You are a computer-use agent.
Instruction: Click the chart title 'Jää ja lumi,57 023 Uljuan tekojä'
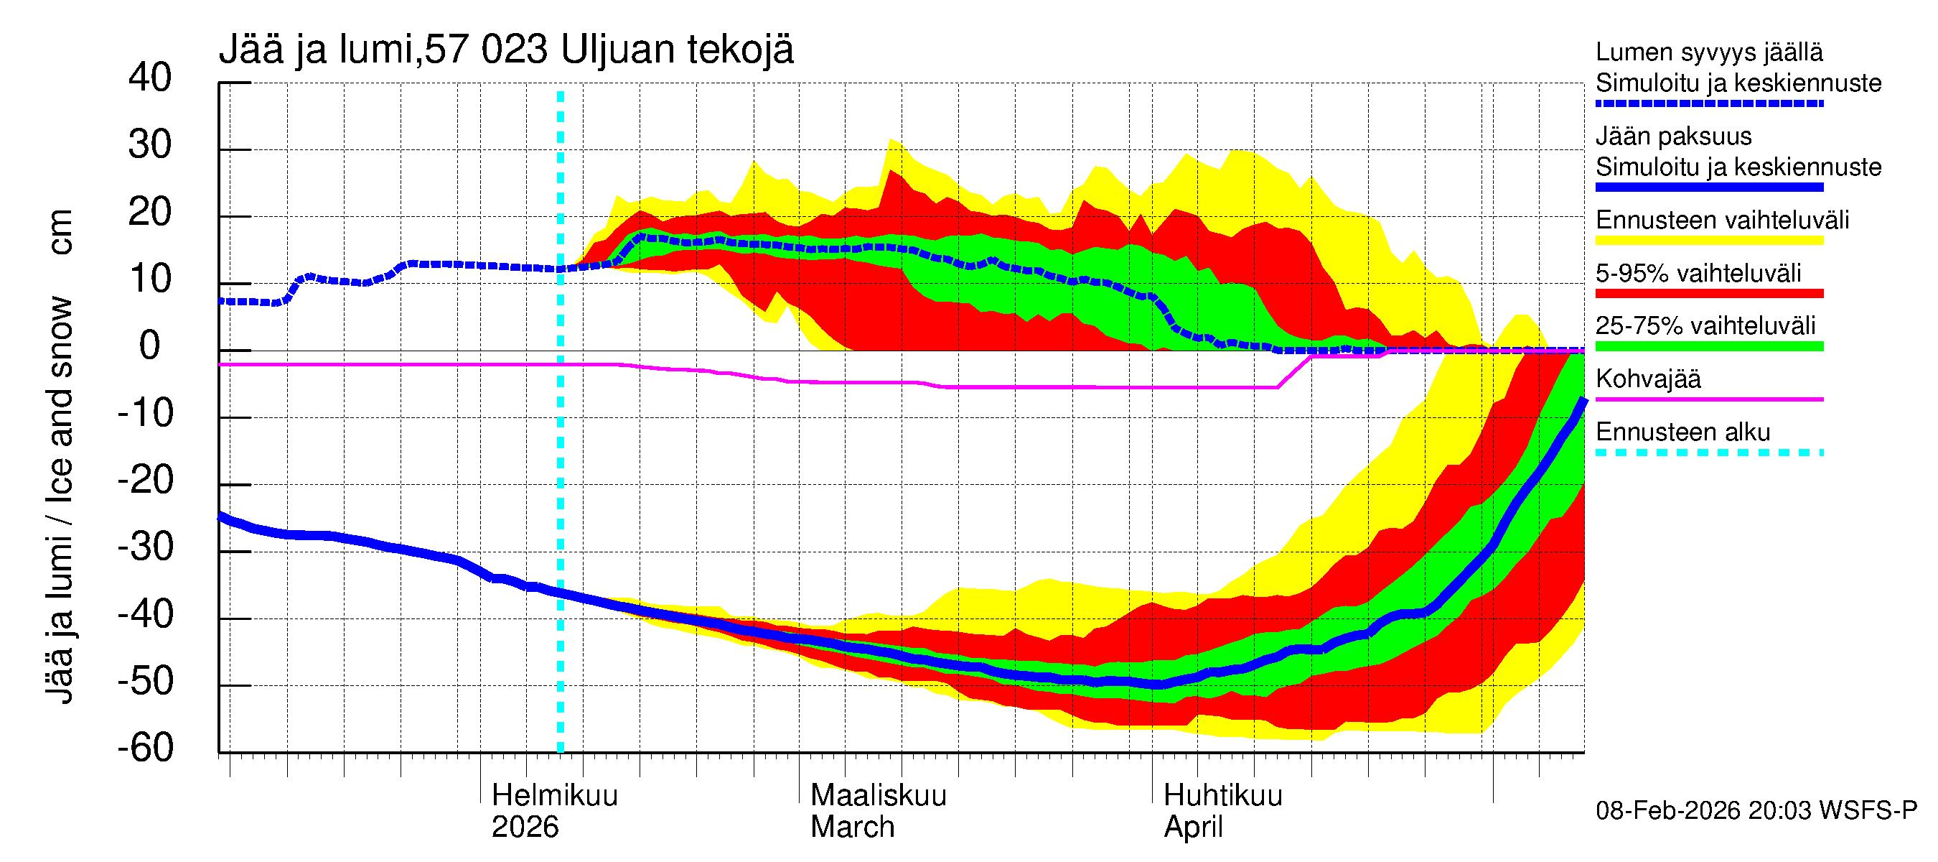click(505, 50)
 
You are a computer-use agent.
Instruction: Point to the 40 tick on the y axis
click(150, 78)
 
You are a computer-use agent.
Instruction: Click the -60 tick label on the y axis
click(145, 748)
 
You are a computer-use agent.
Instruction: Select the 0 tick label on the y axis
click(150, 346)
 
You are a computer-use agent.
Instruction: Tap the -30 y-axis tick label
click(145, 547)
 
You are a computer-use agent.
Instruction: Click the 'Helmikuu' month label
click(554, 796)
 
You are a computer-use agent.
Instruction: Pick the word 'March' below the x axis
click(853, 828)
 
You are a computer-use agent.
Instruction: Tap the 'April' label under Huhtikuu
click(1193, 828)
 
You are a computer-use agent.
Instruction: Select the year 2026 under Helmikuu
click(525, 828)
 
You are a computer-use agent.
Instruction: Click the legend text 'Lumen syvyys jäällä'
click(1708, 52)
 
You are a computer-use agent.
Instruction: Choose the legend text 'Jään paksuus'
click(1673, 136)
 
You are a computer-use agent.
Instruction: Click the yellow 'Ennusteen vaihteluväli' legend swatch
click(1708, 241)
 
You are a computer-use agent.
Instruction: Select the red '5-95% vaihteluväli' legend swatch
click(1708, 294)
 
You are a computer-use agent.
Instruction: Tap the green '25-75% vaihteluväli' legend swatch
click(1708, 346)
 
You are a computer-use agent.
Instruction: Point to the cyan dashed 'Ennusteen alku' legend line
click(1708, 453)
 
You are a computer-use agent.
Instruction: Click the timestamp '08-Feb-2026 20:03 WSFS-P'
click(1756, 811)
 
